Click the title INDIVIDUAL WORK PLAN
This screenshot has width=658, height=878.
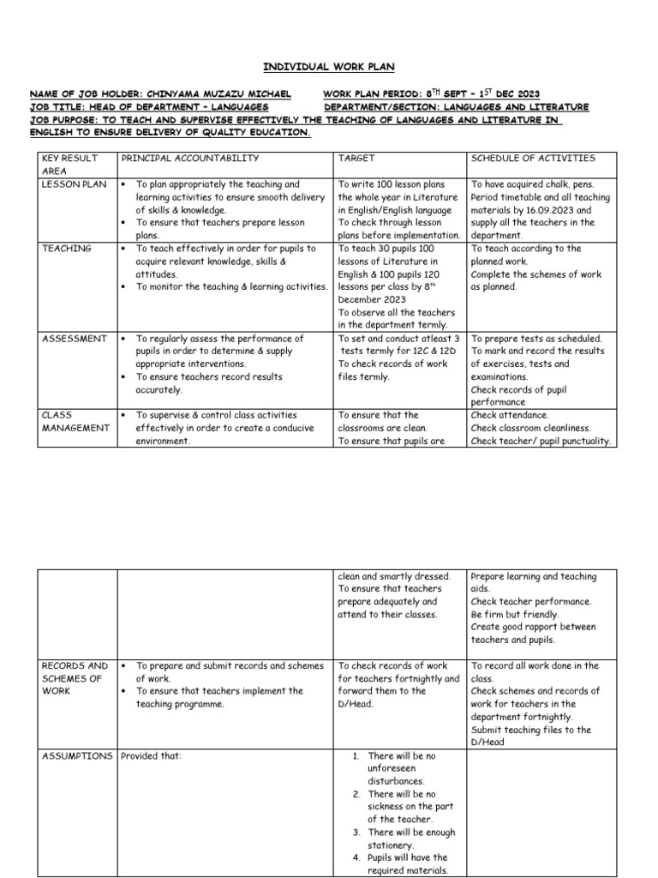click(328, 67)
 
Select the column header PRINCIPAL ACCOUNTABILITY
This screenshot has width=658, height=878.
click(189, 159)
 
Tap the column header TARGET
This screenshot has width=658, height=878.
click(356, 159)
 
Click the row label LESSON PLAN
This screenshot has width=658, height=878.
click(74, 184)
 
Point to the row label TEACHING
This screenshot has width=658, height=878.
click(66, 249)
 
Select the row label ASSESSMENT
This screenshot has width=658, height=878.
click(75, 339)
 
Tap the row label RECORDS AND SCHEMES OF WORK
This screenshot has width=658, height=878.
click(75, 678)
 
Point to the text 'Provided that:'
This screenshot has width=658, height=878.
click(152, 756)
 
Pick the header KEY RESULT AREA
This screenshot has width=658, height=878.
click(69, 165)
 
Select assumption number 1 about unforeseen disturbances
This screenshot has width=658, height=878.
click(401, 768)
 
